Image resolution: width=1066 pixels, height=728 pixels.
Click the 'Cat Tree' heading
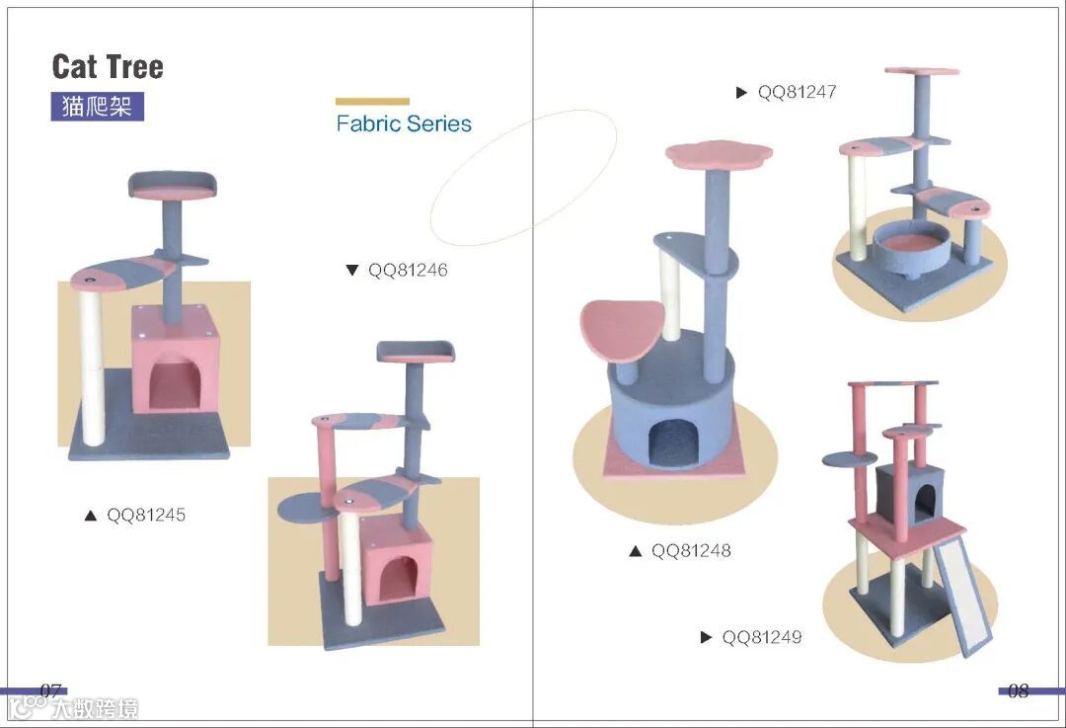click(108, 67)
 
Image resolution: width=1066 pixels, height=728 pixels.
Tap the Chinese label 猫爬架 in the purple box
click(97, 106)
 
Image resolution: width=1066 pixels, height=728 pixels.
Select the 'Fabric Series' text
click(404, 124)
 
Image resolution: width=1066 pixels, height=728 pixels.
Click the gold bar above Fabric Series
click(372, 101)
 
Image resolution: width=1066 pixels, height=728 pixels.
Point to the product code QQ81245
click(146, 515)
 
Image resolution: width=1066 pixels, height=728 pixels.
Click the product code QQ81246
click(408, 270)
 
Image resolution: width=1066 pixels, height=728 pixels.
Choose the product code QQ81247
click(798, 92)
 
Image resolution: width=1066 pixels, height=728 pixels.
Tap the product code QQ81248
click(691, 550)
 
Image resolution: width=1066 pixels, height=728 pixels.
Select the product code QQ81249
click(762, 637)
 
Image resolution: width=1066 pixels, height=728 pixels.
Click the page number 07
click(51, 689)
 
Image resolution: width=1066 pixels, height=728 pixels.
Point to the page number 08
click(1018, 690)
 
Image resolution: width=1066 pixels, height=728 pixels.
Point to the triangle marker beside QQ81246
click(352, 270)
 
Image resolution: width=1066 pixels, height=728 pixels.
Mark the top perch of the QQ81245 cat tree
click(172, 184)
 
